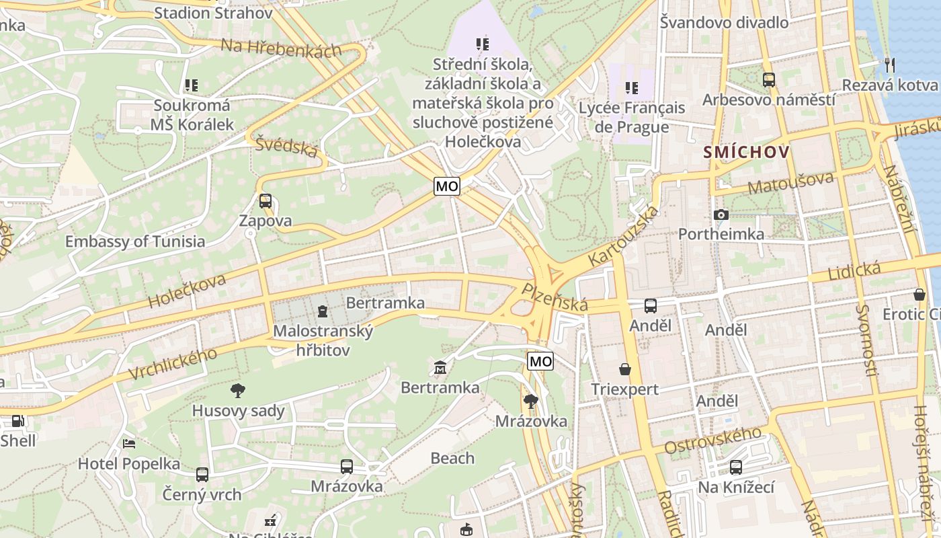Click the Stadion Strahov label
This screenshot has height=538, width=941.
213,13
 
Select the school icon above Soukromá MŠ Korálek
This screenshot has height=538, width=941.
192,85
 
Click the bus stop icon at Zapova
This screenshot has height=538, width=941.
265,200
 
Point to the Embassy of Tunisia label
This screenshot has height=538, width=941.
135,241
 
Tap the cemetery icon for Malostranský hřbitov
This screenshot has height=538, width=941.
323,311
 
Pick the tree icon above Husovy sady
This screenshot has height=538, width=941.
237,390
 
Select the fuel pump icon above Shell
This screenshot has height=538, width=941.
17,421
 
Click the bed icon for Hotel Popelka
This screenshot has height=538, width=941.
129,444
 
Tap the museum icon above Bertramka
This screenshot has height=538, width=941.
440,367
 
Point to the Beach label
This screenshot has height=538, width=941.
452,459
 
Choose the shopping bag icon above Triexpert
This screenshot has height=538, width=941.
625,369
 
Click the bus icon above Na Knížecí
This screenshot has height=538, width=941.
736,467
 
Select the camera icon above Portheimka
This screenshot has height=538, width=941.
721,215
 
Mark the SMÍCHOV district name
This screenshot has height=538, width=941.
746,153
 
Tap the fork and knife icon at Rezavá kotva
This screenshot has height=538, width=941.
889,65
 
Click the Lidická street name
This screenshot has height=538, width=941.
854,272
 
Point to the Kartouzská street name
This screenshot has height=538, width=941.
622,235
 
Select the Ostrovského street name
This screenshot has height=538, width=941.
712,440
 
